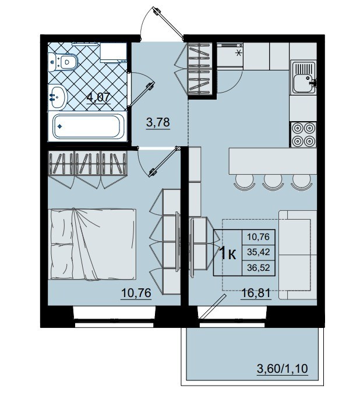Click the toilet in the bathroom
tap(63, 62)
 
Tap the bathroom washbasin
tap(58, 97)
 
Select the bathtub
tap(87, 126)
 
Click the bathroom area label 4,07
tap(98, 98)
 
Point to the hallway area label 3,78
tap(158, 122)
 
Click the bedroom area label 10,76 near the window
tap(136, 293)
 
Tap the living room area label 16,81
tap(256, 293)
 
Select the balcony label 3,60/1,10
tap(283, 368)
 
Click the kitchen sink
tap(303, 77)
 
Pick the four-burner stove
tap(303, 135)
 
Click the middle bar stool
tap(272, 182)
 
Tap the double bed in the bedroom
tap(93, 244)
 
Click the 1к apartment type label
tap(228, 253)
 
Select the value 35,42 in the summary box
tap(258, 252)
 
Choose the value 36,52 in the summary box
tap(258, 267)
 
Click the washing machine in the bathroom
tap(113, 53)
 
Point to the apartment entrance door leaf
tap(169, 23)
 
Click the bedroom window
tap(114, 316)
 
